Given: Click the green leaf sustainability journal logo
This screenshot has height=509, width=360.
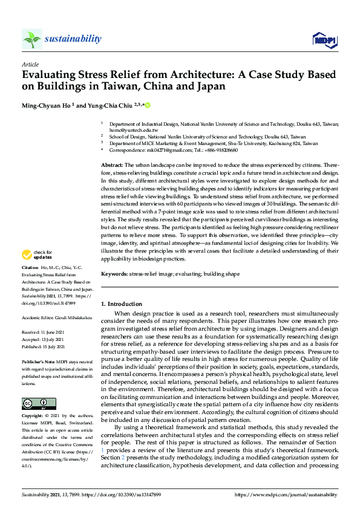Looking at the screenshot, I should pos(32,39).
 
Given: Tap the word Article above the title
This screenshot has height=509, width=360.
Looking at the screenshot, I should pos(30,64).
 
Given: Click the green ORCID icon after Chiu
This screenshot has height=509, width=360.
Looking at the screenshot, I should pos(146,106).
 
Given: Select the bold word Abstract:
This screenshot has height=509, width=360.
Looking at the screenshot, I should pos(112,165).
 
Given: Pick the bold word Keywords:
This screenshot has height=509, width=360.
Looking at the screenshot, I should pos(114,274).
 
